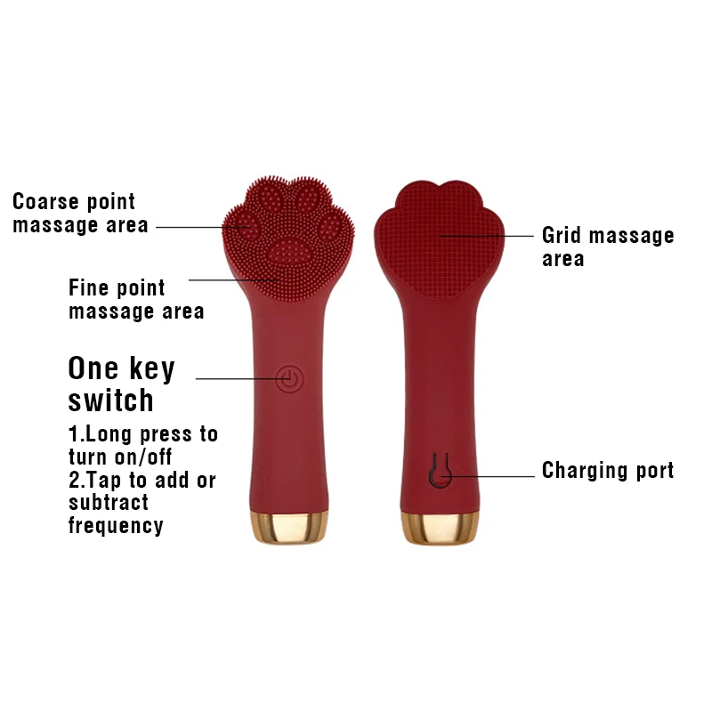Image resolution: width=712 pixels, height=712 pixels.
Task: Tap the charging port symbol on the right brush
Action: click(438, 471)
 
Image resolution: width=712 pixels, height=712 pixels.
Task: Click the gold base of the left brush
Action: click(287, 529)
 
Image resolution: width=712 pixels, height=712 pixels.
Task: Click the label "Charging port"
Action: click(608, 470)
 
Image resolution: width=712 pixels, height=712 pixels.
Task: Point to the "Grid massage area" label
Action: click(608, 247)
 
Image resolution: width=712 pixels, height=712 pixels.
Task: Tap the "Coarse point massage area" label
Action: click(80, 214)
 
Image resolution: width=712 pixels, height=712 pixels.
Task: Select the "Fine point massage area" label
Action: click(135, 300)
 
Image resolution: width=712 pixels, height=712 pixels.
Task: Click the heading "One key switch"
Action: click(122, 384)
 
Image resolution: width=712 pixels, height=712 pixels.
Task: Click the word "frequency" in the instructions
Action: click(116, 526)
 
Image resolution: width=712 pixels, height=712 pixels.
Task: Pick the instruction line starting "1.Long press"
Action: click(142, 434)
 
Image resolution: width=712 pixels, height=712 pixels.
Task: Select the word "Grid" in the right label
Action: click(562, 236)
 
